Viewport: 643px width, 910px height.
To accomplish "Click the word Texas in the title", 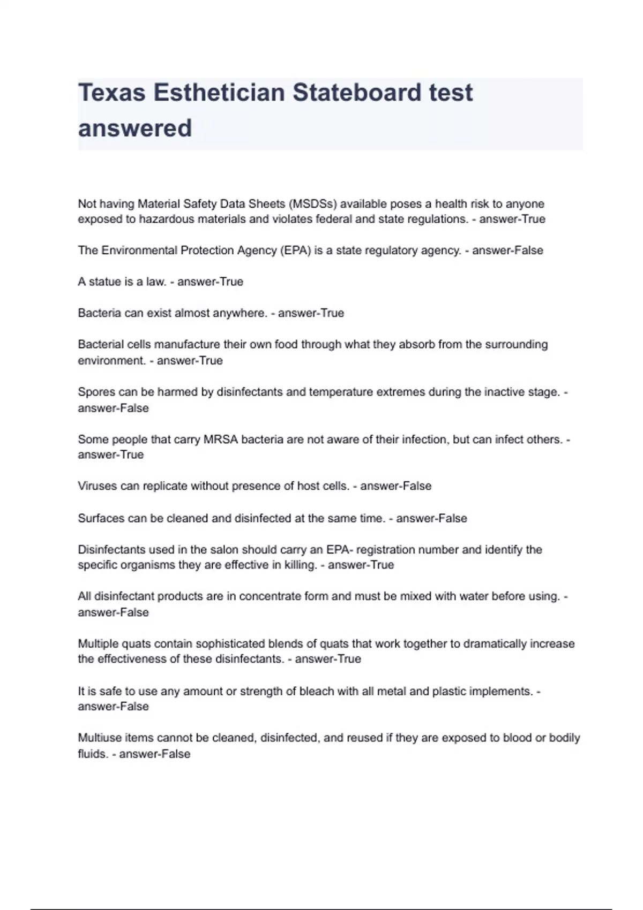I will tap(111, 93).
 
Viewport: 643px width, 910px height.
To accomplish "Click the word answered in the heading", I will tap(134, 128).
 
